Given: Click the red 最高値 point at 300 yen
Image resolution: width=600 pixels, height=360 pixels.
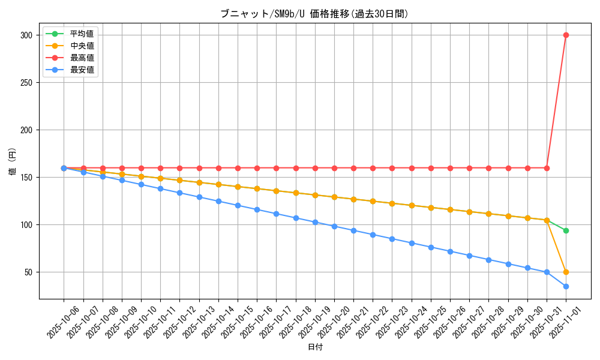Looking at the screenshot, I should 566,35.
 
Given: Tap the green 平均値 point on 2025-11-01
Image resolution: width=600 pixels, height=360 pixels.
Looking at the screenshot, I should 566,230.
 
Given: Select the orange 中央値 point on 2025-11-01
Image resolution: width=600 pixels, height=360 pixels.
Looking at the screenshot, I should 566,272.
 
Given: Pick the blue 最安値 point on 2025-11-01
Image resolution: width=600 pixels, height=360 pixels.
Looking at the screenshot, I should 566,286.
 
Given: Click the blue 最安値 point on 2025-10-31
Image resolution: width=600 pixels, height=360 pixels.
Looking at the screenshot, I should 547,272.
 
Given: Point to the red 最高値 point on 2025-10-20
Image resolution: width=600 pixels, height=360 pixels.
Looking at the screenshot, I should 334,168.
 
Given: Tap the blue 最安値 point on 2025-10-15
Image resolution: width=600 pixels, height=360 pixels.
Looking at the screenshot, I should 238,205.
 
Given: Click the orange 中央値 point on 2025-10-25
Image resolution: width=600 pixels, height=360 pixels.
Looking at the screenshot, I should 431,208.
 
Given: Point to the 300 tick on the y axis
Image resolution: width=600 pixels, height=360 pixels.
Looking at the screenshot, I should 26,35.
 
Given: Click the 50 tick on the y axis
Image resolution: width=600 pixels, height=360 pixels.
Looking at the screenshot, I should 28,272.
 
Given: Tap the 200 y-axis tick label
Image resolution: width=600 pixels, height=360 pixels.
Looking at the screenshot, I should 26,130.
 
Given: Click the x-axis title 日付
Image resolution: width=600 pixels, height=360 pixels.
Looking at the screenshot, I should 315,347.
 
